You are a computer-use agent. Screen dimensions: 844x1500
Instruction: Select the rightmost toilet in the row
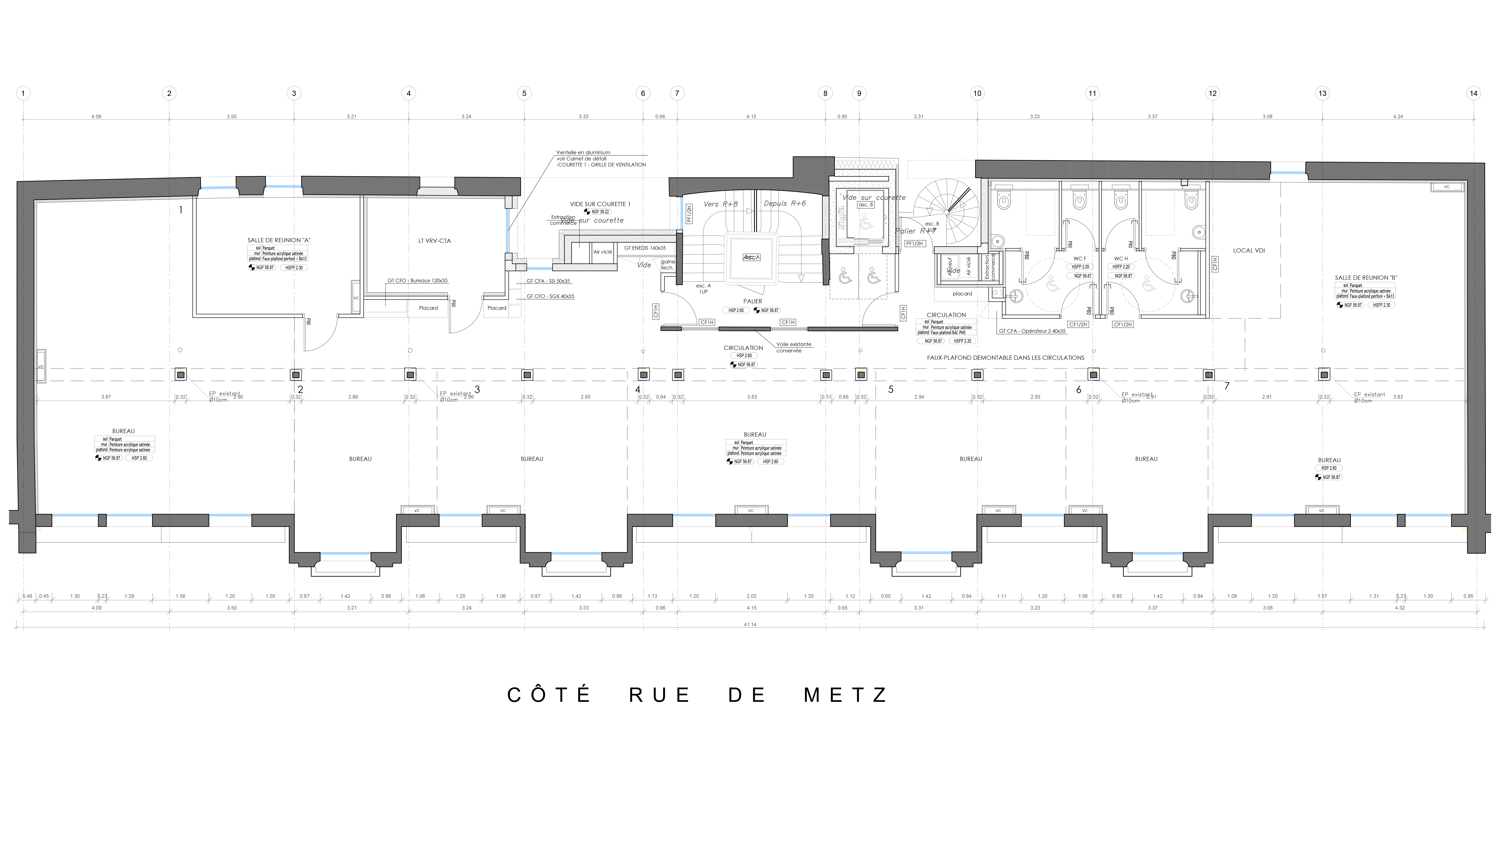[x=1191, y=200]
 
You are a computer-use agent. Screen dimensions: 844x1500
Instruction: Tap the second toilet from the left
[x=1080, y=200]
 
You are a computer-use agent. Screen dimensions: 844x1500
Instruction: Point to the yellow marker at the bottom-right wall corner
[x=1463, y=531]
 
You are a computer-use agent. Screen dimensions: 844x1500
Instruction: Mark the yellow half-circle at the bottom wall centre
[x=751, y=530]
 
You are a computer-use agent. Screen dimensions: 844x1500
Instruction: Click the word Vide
[x=567, y=220]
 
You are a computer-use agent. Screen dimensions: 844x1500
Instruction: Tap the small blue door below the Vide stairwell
[x=539, y=269]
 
